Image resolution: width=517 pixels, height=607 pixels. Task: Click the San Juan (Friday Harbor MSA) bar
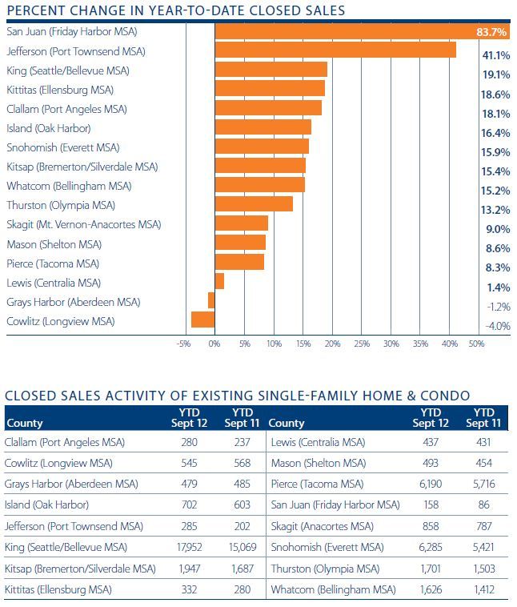(x=344, y=31)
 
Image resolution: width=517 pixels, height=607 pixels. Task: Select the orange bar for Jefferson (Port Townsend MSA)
(x=335, y=50)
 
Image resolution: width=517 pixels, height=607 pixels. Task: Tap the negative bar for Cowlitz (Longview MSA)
(x=202, y=320)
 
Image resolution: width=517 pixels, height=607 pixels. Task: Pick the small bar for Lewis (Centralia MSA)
(x=218, y=282)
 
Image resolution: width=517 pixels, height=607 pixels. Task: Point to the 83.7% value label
(x=491, y=33)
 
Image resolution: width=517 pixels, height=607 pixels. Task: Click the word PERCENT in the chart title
(x=31, y=10)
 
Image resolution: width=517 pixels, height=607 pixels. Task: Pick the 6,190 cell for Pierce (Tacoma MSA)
(x=426, y=484)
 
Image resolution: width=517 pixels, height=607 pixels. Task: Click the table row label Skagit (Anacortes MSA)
(x=323, y=526)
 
